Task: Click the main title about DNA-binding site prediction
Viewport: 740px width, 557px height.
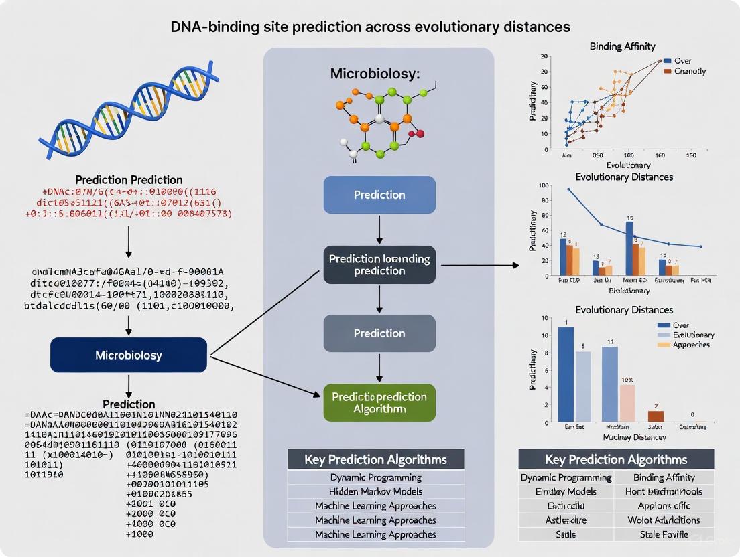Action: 369,27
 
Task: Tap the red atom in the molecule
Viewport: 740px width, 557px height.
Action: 420,134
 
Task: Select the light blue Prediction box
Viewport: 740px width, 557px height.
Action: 379,195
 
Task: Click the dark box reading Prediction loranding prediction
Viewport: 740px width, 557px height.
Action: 379,265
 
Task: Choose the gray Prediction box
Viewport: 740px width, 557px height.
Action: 379,333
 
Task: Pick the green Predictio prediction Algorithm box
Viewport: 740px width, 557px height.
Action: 379,402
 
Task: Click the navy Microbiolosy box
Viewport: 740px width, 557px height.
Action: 129,355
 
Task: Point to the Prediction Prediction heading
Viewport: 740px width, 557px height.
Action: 129,180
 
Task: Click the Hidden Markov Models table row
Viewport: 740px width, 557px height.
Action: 376,491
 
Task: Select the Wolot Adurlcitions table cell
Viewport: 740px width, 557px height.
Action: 664,520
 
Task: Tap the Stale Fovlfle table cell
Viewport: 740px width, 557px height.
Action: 664,534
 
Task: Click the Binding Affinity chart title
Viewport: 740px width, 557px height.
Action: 622,46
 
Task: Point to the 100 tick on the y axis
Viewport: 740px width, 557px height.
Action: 544,185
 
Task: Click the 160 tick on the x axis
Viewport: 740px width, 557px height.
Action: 659,155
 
